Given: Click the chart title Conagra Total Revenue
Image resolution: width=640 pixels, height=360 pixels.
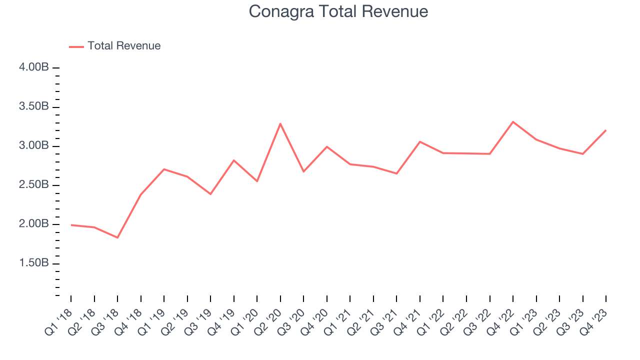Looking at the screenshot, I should [x=338, y=11].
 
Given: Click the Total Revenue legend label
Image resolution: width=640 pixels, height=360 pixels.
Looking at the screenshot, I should [x=124, y=46].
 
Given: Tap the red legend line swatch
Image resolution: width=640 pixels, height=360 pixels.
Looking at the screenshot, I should [x=76, y=46].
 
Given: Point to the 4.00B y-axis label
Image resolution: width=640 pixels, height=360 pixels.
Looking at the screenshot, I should [x=34, y=67].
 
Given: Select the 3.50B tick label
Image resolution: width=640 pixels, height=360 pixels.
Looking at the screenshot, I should [x=34, y=106].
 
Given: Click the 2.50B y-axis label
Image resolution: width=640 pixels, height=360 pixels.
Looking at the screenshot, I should [x=34, y=185].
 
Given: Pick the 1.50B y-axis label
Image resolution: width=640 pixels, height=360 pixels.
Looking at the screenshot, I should [x=34, y=263].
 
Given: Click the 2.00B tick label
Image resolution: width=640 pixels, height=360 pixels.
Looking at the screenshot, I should [x=34, y=224].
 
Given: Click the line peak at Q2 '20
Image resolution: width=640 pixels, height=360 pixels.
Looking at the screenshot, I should [x=280, y=123].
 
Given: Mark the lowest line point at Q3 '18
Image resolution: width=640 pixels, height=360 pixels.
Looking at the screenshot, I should [x=117, y=237].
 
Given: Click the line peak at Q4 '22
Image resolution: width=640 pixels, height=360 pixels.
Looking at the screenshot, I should [x=513, y=121].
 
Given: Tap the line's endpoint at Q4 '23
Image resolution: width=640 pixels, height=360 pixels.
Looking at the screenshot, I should [x=605, y=130].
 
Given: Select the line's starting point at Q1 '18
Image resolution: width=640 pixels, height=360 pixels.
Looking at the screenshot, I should [x=71, y=225].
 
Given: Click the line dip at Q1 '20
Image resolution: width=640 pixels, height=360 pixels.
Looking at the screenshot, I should [x=257, y=181].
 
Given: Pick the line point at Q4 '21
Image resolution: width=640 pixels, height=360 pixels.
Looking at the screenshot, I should [x=420, y=141].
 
